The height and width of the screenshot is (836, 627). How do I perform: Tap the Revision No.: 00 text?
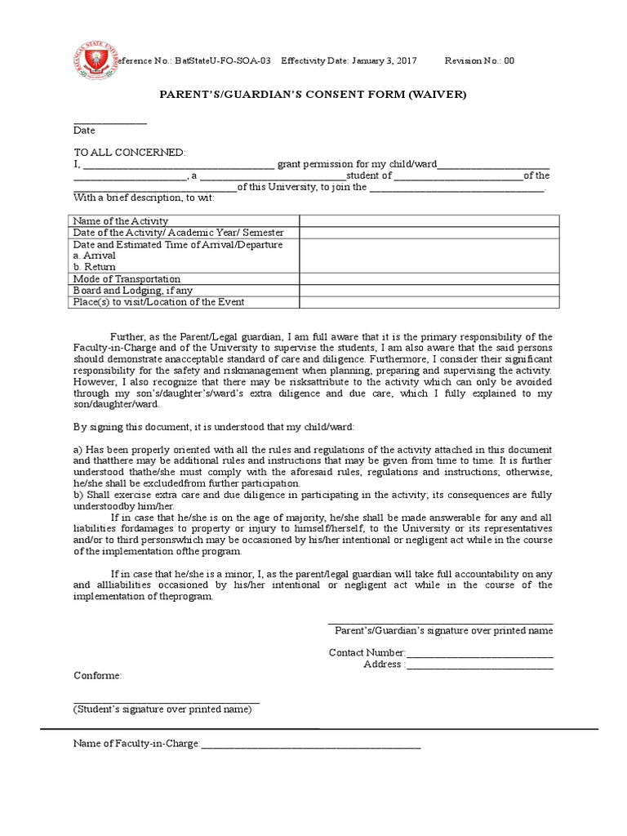click(x=479, y=61)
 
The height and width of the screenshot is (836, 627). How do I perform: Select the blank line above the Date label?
click(x=109, y=122)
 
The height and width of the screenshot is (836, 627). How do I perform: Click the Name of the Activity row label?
click(x=121, y=221)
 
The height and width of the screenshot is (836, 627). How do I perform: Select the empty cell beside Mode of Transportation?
click(x=429, y=279)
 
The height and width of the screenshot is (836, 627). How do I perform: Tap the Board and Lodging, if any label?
click(x=133, y=291)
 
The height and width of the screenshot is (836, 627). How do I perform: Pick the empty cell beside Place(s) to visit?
click(x=429, y=302)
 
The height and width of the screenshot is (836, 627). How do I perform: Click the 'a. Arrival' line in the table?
click(x=95, y=256)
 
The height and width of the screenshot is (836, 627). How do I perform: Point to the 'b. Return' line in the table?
click(x=95, y=267)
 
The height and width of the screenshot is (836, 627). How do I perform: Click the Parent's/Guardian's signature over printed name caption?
click(x=443, y=631)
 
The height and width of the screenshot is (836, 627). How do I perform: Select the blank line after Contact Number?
click(x=479, y=654)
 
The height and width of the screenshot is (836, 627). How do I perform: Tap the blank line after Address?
click(x=479, y=665)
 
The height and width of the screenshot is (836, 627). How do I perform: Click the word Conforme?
click(x=97, y=676)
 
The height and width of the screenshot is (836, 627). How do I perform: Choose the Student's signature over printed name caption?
click(x=162, y=709)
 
